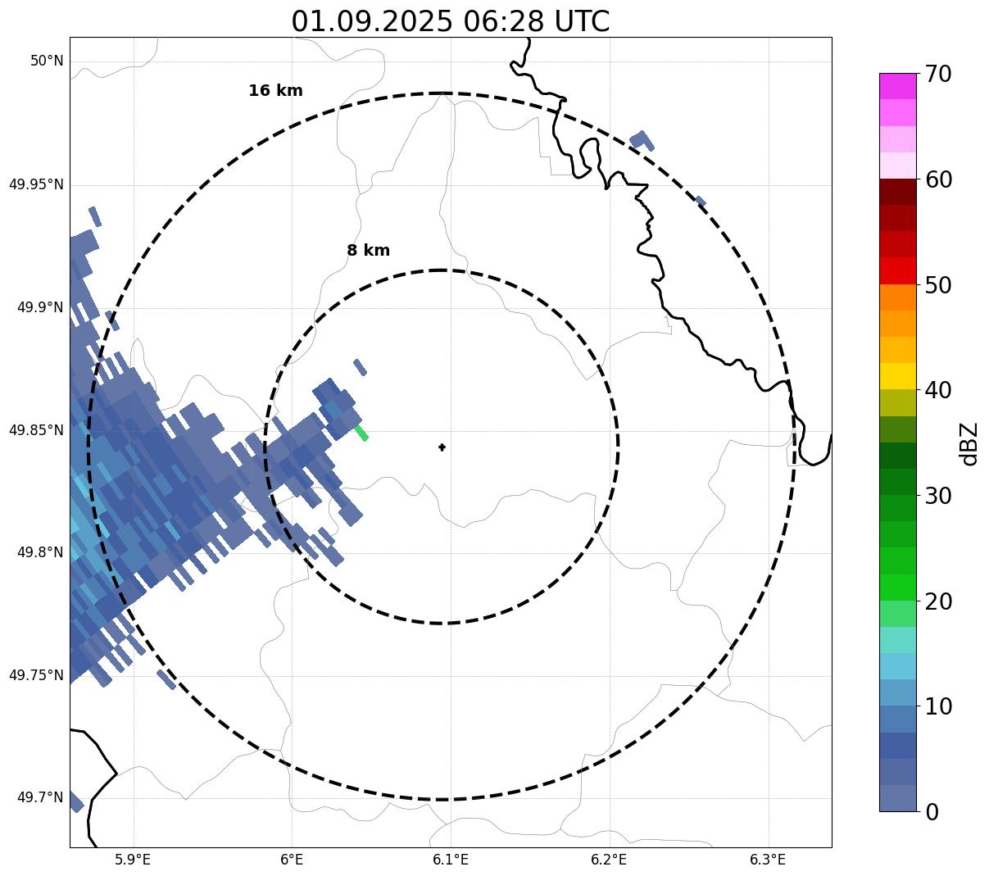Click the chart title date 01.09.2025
[x=371, y=21]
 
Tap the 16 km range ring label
[x=275, y=91]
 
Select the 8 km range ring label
[x=368, y=251]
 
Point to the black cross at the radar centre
[x=442, y=447]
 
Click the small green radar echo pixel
[x=361, y=433]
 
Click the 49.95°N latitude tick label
[x=36, y=184]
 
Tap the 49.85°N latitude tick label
[x=36, y=430]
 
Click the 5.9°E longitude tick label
[x=133, y=860]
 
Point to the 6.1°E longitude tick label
[x=451, y=860]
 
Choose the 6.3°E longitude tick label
[x=768, y=860]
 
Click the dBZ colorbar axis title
[x=969, y=443]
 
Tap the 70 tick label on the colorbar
[x=938, y=75]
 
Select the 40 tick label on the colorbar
[x=938, y=391]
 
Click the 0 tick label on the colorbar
[x=932, y=812]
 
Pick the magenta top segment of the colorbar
[x=897, y=86]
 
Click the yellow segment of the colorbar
[x=897, y=376]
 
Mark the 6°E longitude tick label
[x=292, y=860]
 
